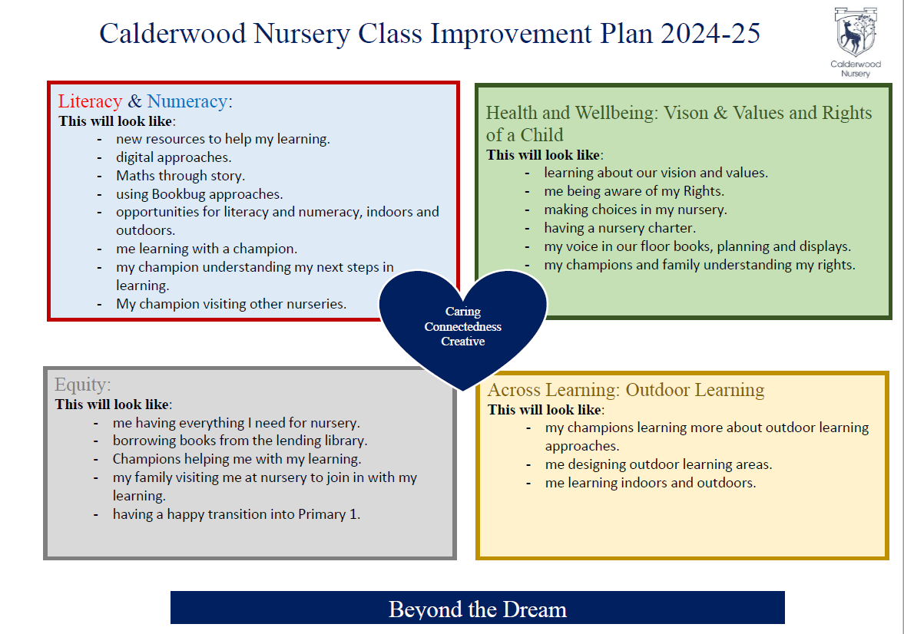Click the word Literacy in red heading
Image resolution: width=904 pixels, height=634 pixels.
point(90,101)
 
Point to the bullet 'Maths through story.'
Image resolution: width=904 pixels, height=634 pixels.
point(180,176)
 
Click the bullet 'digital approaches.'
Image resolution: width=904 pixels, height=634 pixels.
point(174,157)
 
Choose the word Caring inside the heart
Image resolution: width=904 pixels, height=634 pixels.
point(463,312)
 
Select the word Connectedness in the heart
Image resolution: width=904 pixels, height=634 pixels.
point(463,326)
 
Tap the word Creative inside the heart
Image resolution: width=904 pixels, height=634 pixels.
point(463,341)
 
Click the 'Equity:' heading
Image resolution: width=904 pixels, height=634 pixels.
point(83,385)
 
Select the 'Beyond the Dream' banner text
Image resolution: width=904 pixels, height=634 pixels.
point(477,609)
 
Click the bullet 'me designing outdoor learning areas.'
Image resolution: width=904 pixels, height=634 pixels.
point(658,464)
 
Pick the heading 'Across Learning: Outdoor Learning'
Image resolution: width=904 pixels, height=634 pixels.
point(626,390)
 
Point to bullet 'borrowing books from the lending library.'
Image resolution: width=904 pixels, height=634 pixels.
point(240,441)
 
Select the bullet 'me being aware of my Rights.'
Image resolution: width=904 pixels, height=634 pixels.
point(634,191)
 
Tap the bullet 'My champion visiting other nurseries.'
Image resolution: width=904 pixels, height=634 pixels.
point(231,304)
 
